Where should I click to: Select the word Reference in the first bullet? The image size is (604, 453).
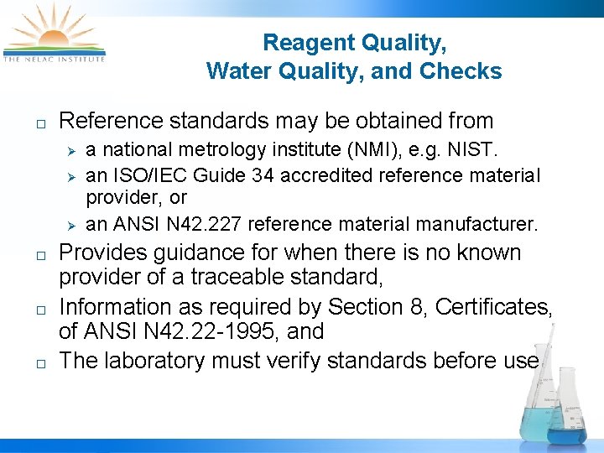click(x=114, y=121)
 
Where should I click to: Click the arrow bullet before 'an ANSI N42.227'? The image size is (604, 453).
click(x=72, y=225)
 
